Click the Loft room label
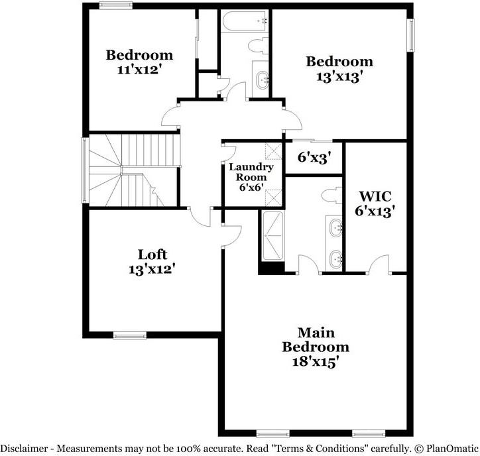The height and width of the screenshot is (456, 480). coord(152,255)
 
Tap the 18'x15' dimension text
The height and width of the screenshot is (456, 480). coord(316,362)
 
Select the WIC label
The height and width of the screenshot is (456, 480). coord(375,196)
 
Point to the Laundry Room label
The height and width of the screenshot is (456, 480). coord(251,172)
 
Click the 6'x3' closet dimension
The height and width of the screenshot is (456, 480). coord(314,158)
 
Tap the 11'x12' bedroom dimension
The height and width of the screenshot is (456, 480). coord(139,70)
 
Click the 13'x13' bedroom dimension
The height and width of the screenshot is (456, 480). coord(339,76)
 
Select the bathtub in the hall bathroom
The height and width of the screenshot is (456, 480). coord(245,22)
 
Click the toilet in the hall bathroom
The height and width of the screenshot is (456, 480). coord(258,46)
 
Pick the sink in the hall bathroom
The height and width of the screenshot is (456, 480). coord(263,80)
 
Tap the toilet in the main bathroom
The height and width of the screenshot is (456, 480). coord(332,196)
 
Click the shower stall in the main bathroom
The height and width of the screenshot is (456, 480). coord(272,236)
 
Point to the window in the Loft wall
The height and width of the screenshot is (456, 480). coord(130,335)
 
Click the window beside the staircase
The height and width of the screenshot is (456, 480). coord(85,170)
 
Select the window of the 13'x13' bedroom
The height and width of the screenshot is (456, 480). coord(410,35)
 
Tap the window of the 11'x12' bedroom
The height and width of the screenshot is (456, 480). coord(116,5)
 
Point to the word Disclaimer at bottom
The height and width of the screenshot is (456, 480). coord(24,449)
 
